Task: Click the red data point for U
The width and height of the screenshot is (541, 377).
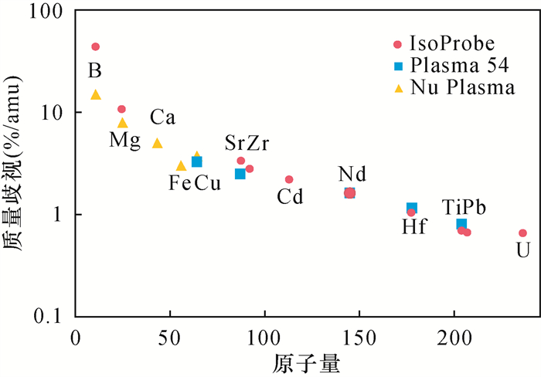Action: [522, 233]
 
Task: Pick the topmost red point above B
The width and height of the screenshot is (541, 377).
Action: [95, 46]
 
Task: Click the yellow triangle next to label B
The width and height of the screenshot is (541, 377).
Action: [96, 95]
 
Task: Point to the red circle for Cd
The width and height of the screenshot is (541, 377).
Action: [289, 179]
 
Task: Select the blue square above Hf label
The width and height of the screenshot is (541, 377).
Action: [412, 208]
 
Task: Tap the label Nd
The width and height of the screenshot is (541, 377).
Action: [352, 173]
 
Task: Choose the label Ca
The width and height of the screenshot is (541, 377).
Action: [163, 118]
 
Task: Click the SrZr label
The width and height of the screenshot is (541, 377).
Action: [247, 143]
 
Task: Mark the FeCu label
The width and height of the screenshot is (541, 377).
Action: [195, 183]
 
